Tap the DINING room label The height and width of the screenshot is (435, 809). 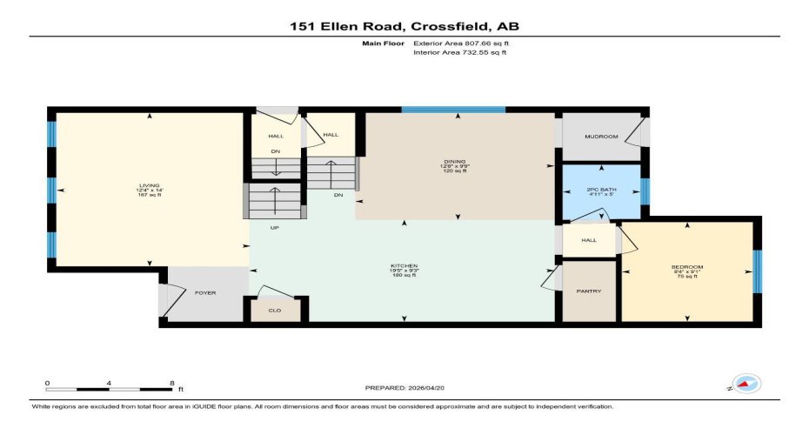coord(455,162)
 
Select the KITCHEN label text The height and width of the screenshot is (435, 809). coord(404,264)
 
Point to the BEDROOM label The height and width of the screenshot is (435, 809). coord(686,266)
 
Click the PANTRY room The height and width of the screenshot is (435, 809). coord(589,291)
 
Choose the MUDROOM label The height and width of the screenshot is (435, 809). coord(601,137)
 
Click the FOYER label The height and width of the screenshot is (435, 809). coord(204,293)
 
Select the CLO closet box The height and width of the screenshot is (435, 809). coord(275,309)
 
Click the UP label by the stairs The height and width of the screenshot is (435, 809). coord(275,228)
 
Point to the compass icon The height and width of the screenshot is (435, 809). coord(745,384)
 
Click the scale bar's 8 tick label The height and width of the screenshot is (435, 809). coord(172,383)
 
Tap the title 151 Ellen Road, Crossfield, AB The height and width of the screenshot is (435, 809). coord(404,26)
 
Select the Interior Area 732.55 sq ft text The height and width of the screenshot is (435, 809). coord(458,52)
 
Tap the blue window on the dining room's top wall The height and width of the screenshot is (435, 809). coord(453,110)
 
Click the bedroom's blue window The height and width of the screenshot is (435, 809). coord(756,271)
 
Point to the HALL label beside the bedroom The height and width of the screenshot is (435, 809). coord(588,241)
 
